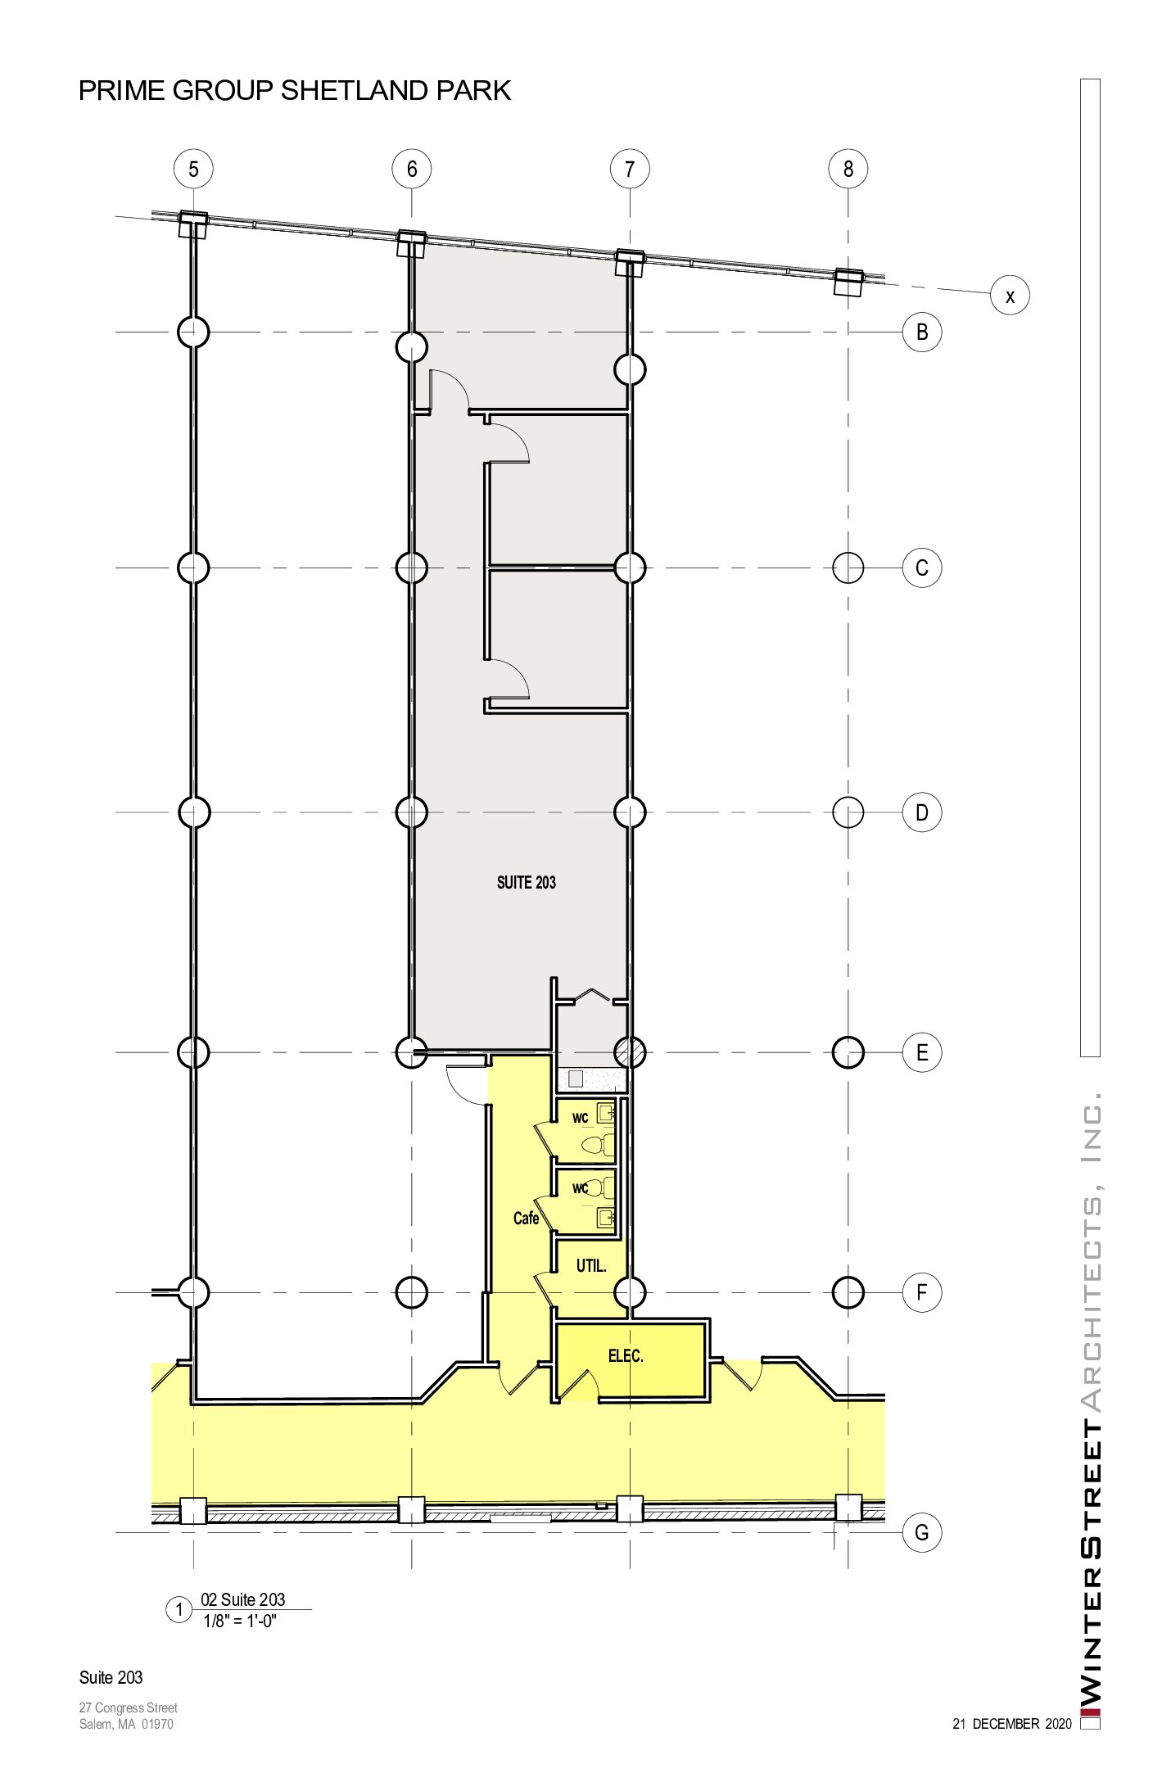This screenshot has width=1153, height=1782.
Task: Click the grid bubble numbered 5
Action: [x=193, y=169]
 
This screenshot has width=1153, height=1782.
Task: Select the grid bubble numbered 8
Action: [x=848, y=169]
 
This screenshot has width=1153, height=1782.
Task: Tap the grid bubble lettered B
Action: [x=922, y=332]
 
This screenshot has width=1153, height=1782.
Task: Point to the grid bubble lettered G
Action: [x=922, y=1532]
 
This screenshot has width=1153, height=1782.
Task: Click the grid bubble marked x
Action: [x=1010, y=296]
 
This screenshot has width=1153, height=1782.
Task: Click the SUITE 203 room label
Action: [x=527, y=882]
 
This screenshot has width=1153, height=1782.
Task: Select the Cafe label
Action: [x=526, y=1219]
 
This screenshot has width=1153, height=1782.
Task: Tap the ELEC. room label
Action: [x=626, y=1356]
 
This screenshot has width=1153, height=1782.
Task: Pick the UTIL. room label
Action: [x=591, y=1266]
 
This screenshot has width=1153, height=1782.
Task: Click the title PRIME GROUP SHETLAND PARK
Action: [x=295, y=90]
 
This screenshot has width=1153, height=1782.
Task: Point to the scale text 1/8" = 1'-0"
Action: [x=240, y=1621]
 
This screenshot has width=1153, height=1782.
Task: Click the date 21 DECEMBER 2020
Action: [x=1012, y=1724]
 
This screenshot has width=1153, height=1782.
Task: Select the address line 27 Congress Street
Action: [x=129, y=1707]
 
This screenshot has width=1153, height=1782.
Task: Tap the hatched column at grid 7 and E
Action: [x=630, y=1052]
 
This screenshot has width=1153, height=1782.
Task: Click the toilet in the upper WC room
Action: [x=598, y=1144]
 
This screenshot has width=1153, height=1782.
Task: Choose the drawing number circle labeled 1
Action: [x=179, y=1610]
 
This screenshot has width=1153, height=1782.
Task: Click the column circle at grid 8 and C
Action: [x=848, y=568]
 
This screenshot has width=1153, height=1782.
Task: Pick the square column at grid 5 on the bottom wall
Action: [x=193, y=1510]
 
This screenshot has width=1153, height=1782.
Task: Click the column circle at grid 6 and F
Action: [x=411, y=1292]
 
